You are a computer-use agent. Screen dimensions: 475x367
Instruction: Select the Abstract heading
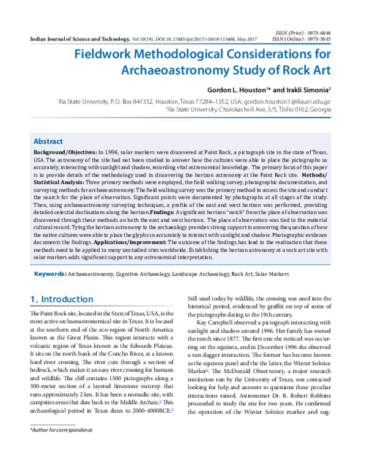click(48, 140)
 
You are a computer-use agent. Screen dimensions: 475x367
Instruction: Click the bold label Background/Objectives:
click(64, 151)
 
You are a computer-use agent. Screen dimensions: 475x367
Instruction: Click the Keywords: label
click(50, 275)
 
